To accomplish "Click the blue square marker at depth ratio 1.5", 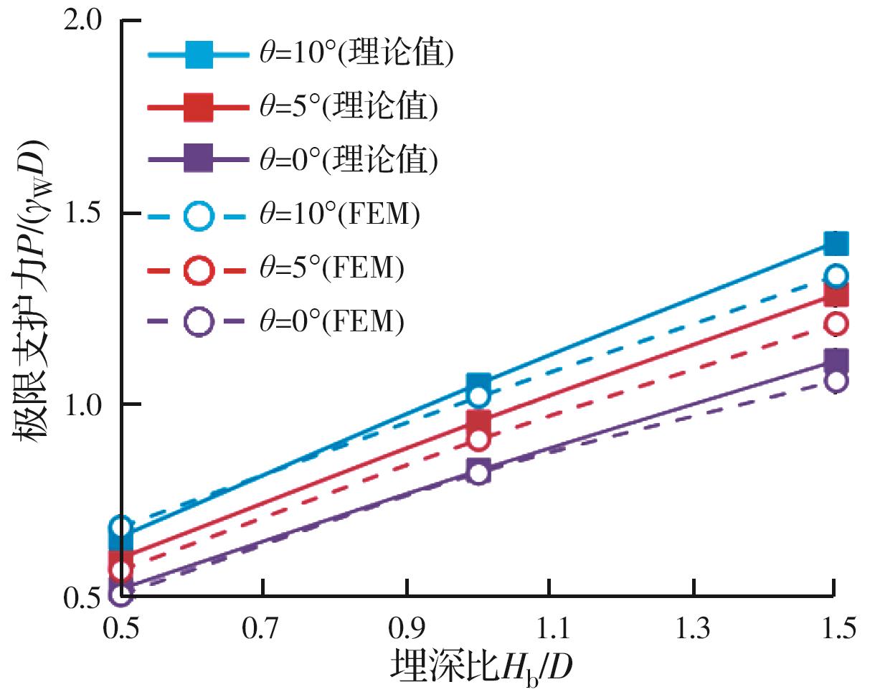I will pyautogui.click(x=836, y=244).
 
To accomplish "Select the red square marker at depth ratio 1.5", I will pyautogui.click(x=836, y=294).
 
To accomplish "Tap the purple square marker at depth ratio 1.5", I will pyautogui.click(x=836, y=360).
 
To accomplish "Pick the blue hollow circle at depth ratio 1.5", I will pyautogui.click(x=836, y=275).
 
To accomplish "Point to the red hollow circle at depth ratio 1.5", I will pyautogui.click(x=836, y=323).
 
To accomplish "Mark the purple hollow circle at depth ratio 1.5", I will pyautogui.click(x=836, y=381).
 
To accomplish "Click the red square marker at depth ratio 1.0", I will pyautogui.click(x=478, y=420).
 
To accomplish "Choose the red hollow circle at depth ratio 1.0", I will pyautogui.click(x=478, y=439).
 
